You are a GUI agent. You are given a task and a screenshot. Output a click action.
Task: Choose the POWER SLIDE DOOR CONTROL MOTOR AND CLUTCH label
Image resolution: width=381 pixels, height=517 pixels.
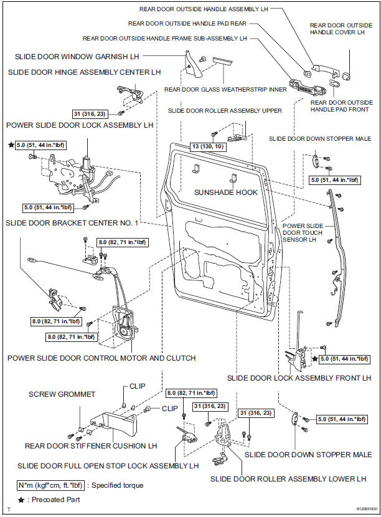pyautogui.click(x=101, y=358)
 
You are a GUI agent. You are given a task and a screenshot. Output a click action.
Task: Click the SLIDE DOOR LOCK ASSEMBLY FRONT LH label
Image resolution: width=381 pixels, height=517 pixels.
pyautogui.click(x=299, y=378)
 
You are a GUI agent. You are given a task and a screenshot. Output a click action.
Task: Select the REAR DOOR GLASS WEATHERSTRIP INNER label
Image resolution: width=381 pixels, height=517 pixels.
pyautogui.click(x=225, y=89)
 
